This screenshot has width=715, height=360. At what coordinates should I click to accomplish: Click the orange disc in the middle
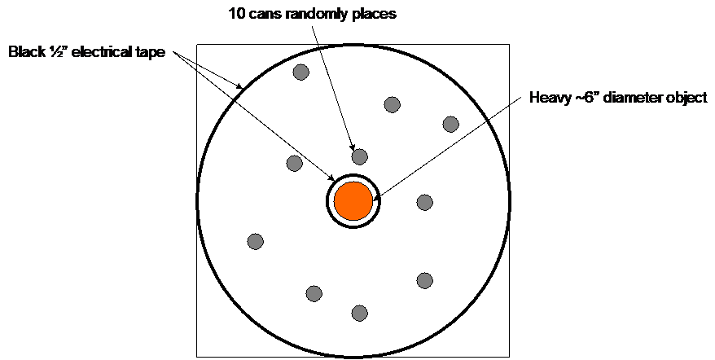[x=353, y=200]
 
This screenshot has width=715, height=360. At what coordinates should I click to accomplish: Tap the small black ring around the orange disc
[x=353, y=175]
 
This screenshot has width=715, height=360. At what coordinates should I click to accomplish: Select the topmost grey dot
[x=300, y=72]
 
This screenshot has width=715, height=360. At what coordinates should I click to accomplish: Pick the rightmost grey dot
[x=450, y=124]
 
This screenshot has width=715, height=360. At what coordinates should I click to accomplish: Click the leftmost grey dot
[x=255, y=241]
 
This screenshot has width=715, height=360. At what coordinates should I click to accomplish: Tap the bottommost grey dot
[x=359, y=312]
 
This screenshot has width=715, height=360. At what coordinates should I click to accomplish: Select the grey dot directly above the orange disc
[x=359, y=156]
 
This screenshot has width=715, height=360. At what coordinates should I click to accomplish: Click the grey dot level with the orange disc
[x=424, y=202]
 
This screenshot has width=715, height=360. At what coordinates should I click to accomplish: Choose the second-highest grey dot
[x=392, y=104]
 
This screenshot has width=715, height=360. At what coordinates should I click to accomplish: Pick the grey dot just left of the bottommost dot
[x=314, y=293]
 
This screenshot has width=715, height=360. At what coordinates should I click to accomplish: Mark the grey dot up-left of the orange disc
[x=295, y=163]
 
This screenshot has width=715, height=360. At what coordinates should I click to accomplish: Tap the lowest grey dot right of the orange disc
[x=424, y=280]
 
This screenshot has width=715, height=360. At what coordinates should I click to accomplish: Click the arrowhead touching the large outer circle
[x=240, y=86]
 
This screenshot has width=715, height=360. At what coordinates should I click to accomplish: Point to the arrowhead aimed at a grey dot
[x=353, y=147]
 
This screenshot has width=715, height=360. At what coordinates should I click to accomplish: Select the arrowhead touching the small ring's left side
[x=331, y=179]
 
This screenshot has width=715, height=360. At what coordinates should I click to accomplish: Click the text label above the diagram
[x=314, y=14]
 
